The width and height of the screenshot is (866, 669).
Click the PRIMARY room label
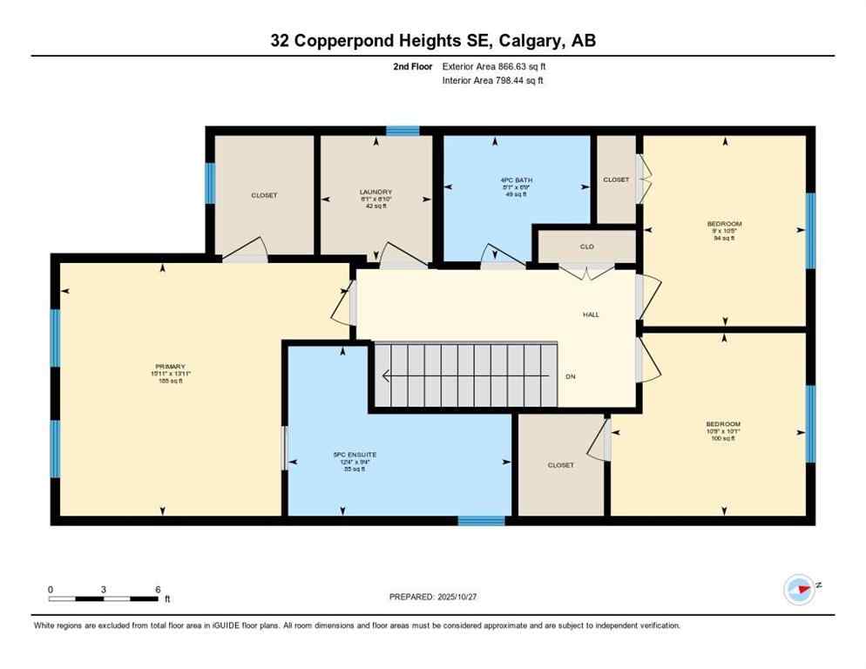coord(171,367)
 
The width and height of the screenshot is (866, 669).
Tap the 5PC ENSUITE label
coord(355,455)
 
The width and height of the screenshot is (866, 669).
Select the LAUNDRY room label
coord(375,193)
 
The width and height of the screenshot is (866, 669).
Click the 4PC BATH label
coord(518,180)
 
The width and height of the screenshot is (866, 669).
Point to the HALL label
coord(591,314)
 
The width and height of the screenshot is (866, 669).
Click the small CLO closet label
coord(587,247)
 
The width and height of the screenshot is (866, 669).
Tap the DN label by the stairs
coord(571,377)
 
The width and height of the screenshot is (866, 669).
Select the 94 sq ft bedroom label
coord(724,224)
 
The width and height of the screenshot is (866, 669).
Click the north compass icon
coord(799,589)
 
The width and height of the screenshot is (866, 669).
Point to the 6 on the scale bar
coord(158,590)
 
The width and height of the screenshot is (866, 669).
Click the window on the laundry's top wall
coord(403,131)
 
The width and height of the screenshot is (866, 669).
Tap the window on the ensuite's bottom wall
coord(481,521)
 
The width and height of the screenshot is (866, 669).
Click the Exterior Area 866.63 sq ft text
coord(494,66)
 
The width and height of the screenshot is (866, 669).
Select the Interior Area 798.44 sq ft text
coord(492,81)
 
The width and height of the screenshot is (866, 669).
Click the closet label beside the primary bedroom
coord(264,195)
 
